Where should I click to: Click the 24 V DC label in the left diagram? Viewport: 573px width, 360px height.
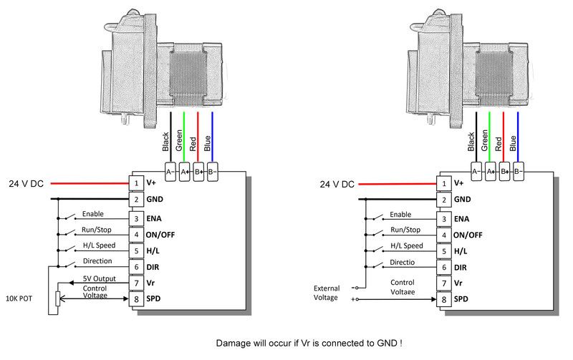[x=26, y=183]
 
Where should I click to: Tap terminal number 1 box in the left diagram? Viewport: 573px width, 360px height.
[x=135, y=183]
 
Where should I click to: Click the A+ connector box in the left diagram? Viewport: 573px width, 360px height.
[x=184, y=172]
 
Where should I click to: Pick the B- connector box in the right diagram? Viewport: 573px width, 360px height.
[x=519, y=172]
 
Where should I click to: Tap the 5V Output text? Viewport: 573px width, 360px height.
[x=98, y=279]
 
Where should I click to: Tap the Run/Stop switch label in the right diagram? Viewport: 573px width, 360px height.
[x=405, y=230]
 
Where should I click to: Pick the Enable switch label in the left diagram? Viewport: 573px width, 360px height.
[x=93, y=214]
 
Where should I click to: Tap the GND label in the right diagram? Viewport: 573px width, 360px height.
[x=463, y=200]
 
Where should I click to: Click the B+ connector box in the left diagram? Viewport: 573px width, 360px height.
[x=198, y=172]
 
